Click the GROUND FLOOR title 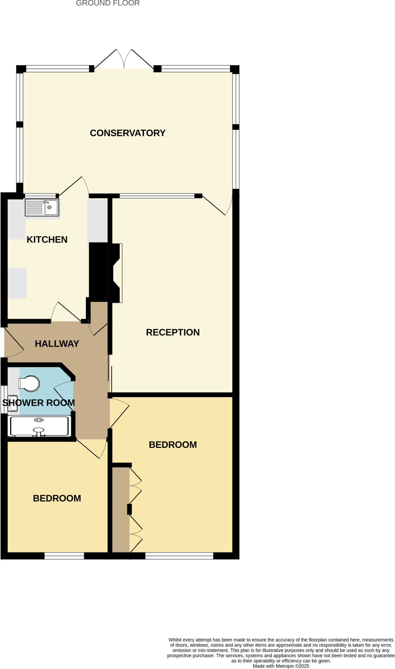pos(108,3)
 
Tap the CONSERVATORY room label pos(128,133)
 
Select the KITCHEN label pos(47,239)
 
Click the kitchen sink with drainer pos(42,207)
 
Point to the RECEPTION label pos(173,332)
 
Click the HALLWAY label pos(57,344)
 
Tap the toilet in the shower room pos(29,383)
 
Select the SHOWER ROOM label pos(39,403)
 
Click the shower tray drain pos(39,420)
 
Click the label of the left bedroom pos(57,498)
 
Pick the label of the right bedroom pos(173,445)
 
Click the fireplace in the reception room pos(117,273)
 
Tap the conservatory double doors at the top pos(124,60)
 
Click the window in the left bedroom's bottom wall pos(64,556)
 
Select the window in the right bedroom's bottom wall pos(179,556)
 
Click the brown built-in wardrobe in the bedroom pos(121,510)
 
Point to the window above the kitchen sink pos(40,196)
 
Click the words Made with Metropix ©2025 pos(281,666)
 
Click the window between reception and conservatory pos(157,196)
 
